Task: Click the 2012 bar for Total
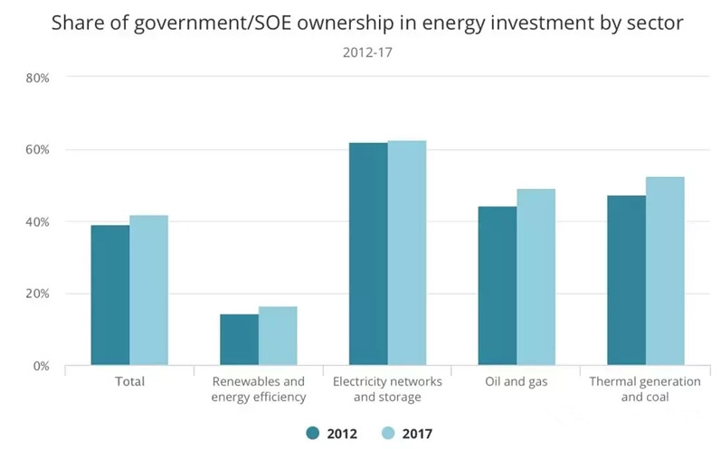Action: tap(110, 295)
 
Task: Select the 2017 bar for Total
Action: tap(148, 291)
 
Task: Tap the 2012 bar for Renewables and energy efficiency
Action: tap(239, 340)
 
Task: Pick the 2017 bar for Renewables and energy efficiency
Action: tap(278, 336)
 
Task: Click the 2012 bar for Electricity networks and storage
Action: tap(368, 254)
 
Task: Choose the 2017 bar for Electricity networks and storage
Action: tap(407, 253)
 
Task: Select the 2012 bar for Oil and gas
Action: tap(498, 286)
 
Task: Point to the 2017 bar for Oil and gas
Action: tap(536, 277)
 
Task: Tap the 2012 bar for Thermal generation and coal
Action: tap(626, 281)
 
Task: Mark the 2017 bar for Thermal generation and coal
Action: tap(665, 271)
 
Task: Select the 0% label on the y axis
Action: tap(40, 366)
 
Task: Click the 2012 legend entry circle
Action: tap(313, 434)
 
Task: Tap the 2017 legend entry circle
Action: tap(389, 434)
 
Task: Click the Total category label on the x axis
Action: tap(129, 382)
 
